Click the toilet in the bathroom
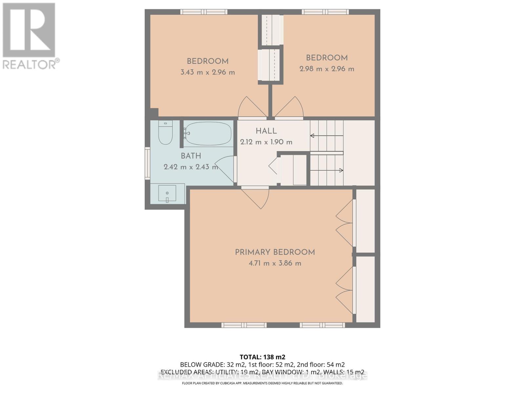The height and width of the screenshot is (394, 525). (165, 133)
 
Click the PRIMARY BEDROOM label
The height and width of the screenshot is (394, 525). (275, 252)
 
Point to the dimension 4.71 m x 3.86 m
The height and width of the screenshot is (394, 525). (275, 263)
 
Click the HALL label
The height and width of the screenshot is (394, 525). (266, 131)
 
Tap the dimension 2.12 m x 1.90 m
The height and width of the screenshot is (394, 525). (266, 142)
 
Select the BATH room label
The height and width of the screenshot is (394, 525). (191, 156)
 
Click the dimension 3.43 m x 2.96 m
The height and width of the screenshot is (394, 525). (208, 72)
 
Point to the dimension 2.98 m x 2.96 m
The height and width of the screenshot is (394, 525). (327, 69)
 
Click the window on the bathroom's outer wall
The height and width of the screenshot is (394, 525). (147, 163)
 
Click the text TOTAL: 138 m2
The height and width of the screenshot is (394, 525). (262, 357)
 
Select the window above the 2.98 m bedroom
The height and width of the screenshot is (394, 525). (325, 12)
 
